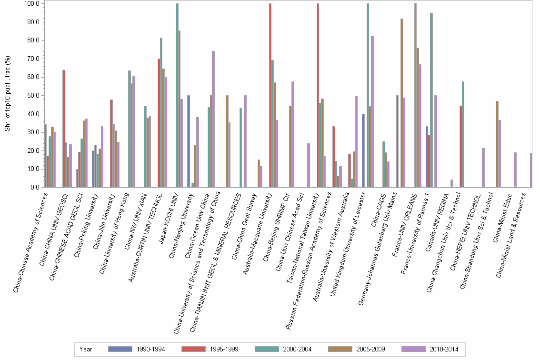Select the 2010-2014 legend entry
[x=430, y=349]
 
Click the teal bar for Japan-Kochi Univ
[x=177, y=95]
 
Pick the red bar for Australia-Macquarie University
[x=270, y=95]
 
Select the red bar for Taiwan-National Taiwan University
[x=318, y=95]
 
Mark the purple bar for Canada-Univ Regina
[x=451, y=183]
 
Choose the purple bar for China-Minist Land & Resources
[x=531, y=170]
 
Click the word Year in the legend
[x=86, y=349]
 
